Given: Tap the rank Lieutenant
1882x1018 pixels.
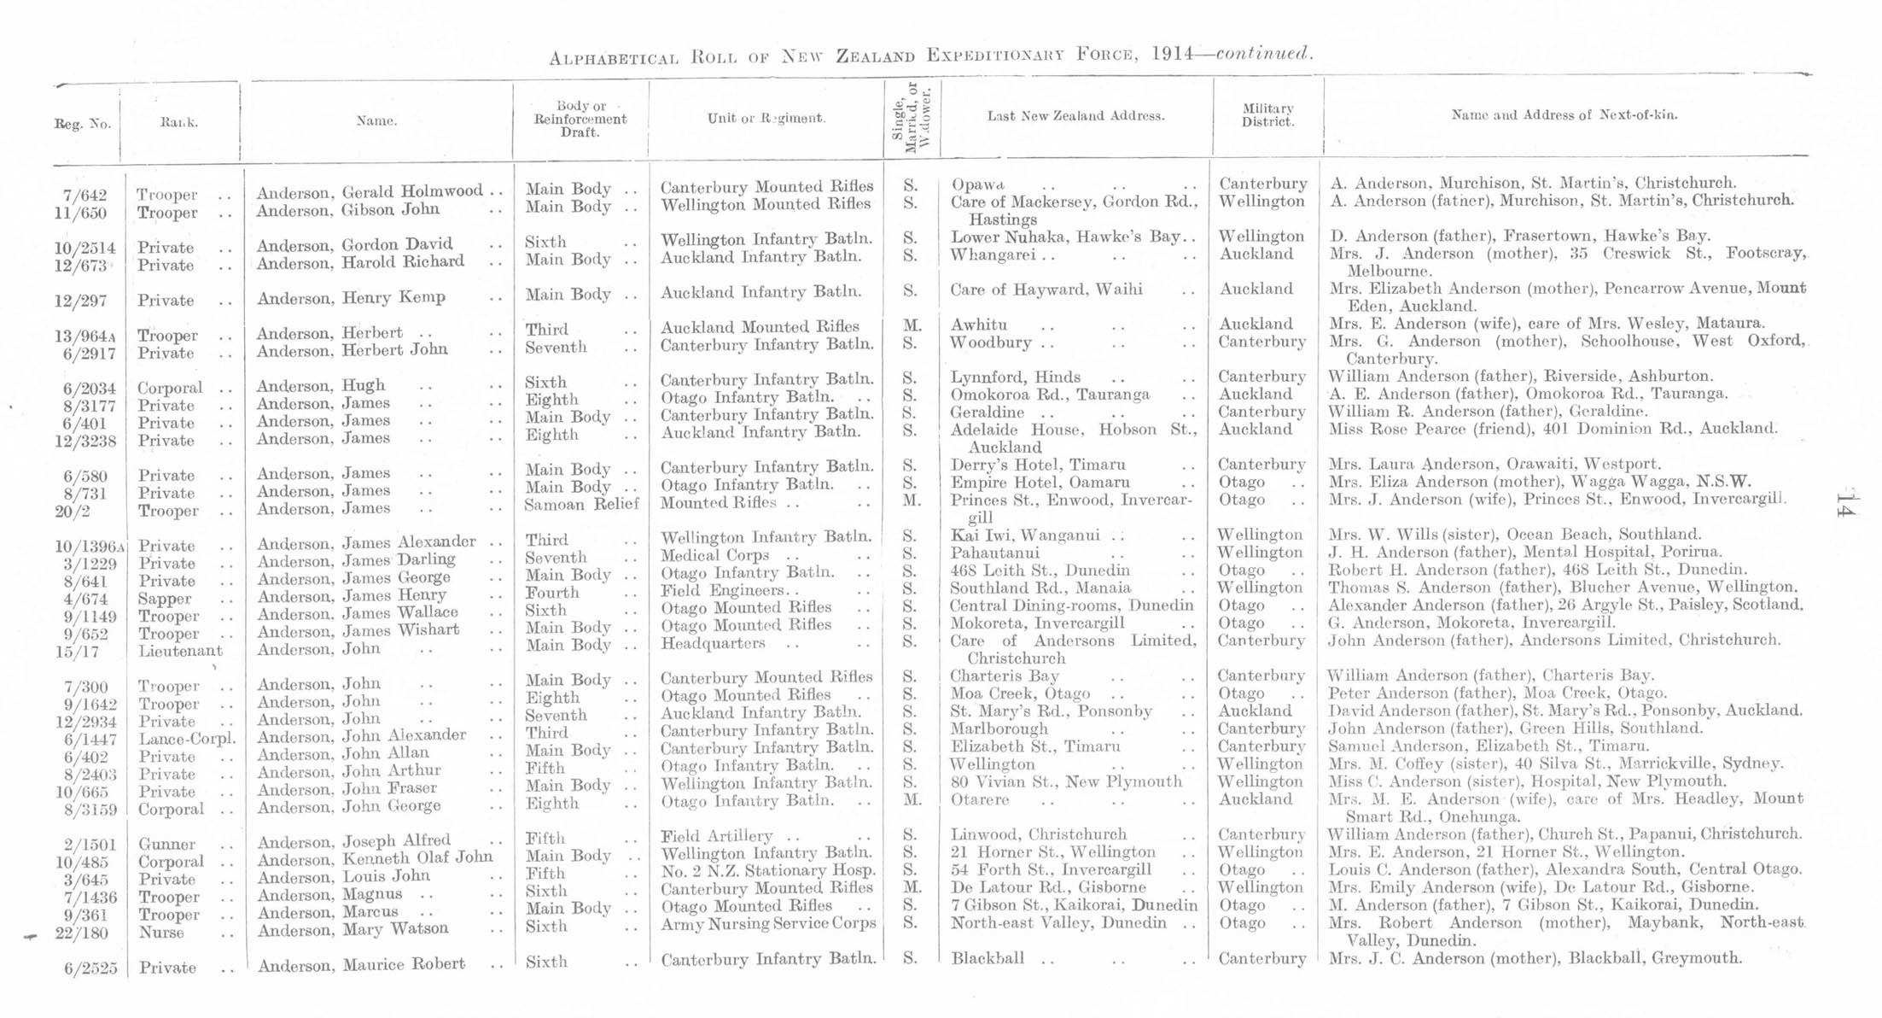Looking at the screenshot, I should tap(180, 651).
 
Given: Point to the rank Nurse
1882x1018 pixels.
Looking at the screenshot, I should tap(161, 933).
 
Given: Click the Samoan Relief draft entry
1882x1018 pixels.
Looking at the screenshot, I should tap(581, 504).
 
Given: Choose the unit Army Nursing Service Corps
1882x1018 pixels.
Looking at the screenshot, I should tap(768, 923).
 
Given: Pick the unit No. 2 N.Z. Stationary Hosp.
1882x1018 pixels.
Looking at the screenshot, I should tap(768, 871).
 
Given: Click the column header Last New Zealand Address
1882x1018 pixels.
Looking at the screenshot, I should tap(1075, 116).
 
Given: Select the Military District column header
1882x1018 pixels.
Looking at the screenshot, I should tap(1267, 114).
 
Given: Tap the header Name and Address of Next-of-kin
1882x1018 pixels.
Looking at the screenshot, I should tap(1564, 114).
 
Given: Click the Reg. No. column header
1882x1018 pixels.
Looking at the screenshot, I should tap(83, 124).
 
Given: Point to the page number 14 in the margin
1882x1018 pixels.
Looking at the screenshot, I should tap(1844, 504).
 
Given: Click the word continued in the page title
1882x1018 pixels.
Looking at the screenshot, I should tap(1263, 54).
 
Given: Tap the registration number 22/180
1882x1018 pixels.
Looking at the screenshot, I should tap(85, 933).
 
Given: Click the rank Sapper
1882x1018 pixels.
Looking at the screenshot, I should tap(165, 599).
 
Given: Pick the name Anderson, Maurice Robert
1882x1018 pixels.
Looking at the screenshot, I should tap(361, 965).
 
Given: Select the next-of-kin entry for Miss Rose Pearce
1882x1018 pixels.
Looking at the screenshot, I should tap(1553, 429).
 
